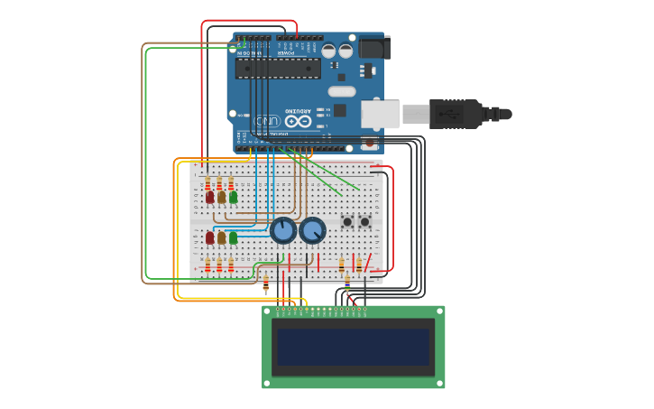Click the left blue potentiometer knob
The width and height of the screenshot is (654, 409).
(x=283, y=231)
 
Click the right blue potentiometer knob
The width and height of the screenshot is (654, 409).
(x=312, y=231)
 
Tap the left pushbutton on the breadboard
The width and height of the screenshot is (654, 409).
(x=346, y=221)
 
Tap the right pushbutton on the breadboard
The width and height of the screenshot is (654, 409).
(x=364, y=221)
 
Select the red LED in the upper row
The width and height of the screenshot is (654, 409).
(x=210, y=197)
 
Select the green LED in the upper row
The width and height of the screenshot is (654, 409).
(x=233, y=197)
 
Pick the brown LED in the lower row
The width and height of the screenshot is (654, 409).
(x=221, y=238)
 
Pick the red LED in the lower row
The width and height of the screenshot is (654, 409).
(x=210, y=238)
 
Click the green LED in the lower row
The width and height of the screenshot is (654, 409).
(x=233, y=238)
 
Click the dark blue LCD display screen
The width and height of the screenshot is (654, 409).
(x=353, y=347)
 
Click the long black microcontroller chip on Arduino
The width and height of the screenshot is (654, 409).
(x=278, y=69)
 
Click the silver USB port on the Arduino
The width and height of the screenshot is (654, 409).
(x=380, y=114)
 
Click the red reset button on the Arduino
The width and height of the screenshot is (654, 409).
(x=368, y=143)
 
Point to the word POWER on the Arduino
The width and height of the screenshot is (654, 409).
(x=286, y=53)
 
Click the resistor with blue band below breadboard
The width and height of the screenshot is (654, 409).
(x=347, y=283)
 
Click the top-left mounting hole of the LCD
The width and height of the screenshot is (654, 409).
(x=268, y=311)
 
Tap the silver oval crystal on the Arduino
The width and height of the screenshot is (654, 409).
(x=342, y=91)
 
